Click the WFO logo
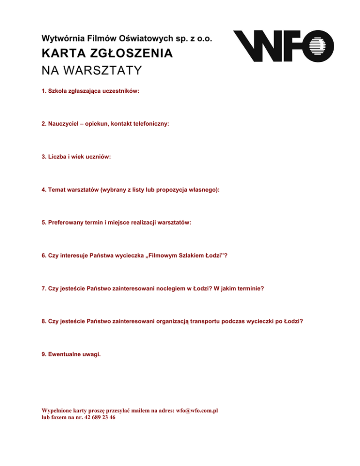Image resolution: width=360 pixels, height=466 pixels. click(x=284, y=46)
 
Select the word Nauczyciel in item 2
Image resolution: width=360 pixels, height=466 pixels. click(x=64, y=124)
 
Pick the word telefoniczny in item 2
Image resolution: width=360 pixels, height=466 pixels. click(x=149, y=124)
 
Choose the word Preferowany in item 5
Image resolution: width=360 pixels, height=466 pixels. click(x=67, y=223)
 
